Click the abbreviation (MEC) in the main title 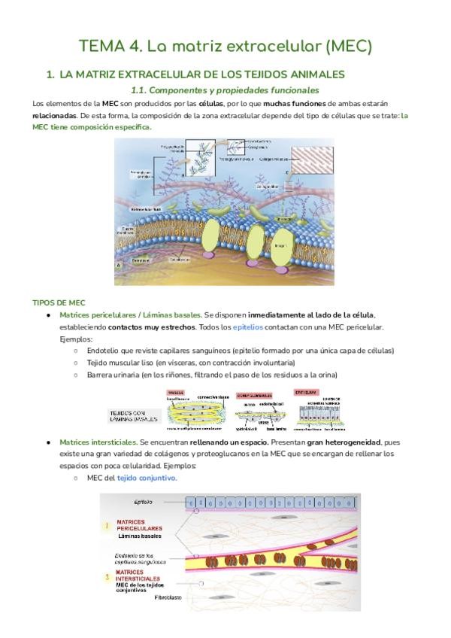(348, 47)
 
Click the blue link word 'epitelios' (250, 328)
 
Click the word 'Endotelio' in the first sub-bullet (103, 351)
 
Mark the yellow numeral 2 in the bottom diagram (107, 576)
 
